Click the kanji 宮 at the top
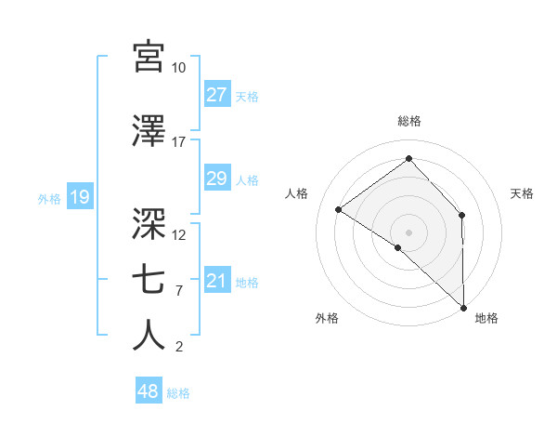(x=149, y=58)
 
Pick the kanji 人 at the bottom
(x=149, y=337)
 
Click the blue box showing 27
(x=217, y=95)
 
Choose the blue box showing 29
(x=217, y=179)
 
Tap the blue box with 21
(x=217, y=282)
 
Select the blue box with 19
(x=79, y=197)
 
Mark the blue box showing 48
(x=149, y=391)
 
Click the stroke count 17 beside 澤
(x=178, y=142)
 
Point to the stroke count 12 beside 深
(x=179, y=234)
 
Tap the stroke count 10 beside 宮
(x=178, y=68)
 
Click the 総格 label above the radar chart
(x=409, y=121)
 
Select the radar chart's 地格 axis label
(x=486, y=318)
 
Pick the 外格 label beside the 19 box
(x=49, y=198)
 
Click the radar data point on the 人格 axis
(x=339, y=210)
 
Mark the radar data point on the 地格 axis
(x=463, y=307)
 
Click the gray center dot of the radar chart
(x=409, y=232)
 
